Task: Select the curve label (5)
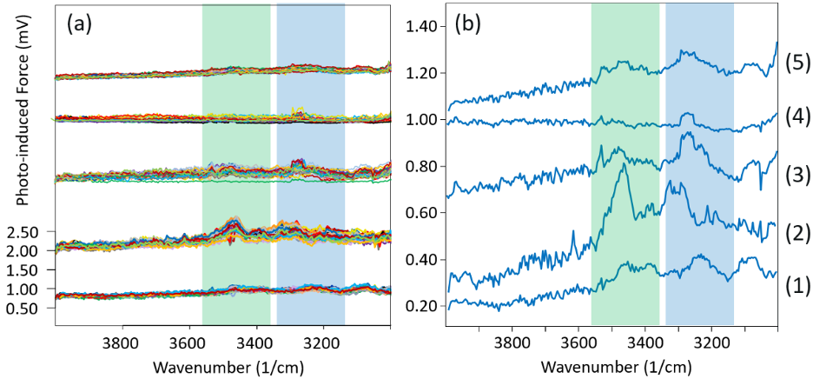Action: tap(796, 63)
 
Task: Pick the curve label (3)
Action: tap(796, 172)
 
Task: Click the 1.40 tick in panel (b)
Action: tap(417, 27)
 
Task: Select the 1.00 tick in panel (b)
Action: tap(417, 120)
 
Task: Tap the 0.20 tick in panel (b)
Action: tap(417, 306)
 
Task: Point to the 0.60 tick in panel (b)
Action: tap(417, 213)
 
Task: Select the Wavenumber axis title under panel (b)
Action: tap(610, 366)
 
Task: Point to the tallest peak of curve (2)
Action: tap(623, 165)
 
